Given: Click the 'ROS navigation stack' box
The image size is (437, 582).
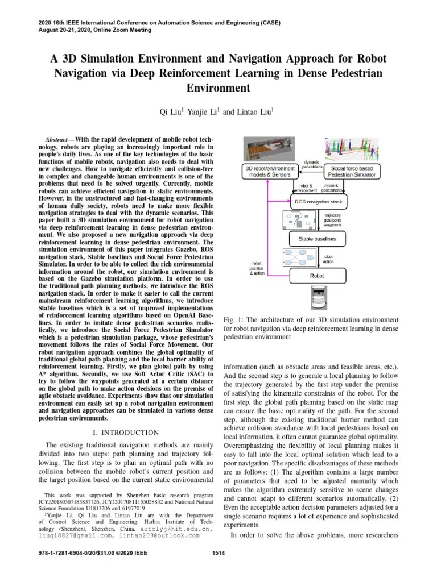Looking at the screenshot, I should pyautogui.click(x=318, y=201).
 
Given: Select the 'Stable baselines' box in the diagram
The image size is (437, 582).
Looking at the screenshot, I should pyautogui.click(x=317, y=239).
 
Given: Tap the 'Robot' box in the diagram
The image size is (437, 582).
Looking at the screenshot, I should pyautogui.click(x=316, y=276).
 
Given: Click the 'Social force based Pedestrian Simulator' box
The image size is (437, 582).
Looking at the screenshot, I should pyautogui.click(x=352, y=172).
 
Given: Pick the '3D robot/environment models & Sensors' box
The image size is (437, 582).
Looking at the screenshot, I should pyautogui.click(x=270, y=172).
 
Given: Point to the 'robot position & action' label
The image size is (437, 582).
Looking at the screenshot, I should pyautogui.click(x=257, y=268).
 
